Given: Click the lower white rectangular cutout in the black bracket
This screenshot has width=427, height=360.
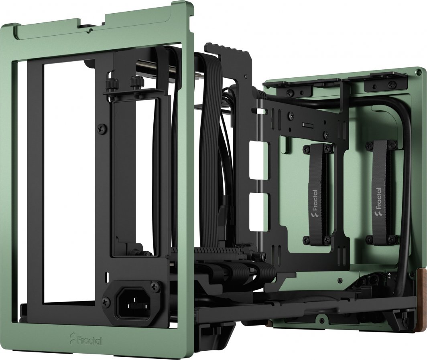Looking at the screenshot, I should (256, 210).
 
